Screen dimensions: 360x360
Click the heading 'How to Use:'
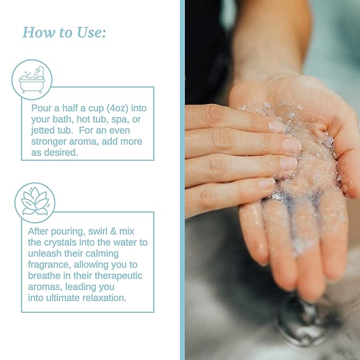point(64,32)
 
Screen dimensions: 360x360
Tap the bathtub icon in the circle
point(32,80)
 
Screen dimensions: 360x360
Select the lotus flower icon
point(35,201)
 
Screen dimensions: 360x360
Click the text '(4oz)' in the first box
point(117,108)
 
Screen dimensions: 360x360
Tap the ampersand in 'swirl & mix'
point(113,231)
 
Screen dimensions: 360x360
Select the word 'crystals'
point(60,242)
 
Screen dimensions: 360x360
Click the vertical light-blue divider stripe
point(182,180)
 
